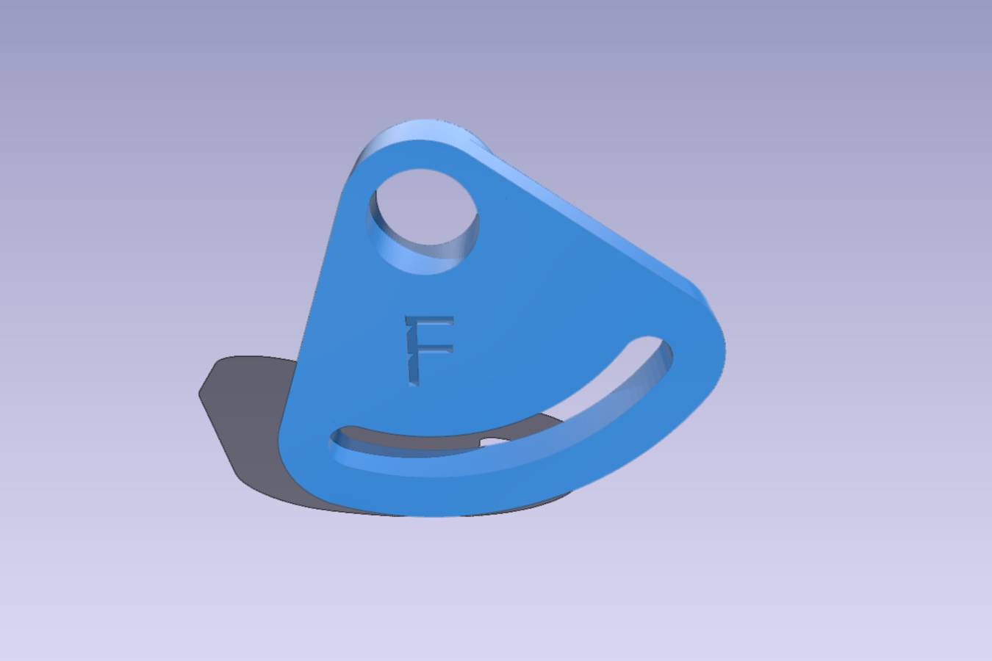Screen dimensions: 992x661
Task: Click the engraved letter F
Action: pos(428,350)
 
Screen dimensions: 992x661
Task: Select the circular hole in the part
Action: pos(423,221)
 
